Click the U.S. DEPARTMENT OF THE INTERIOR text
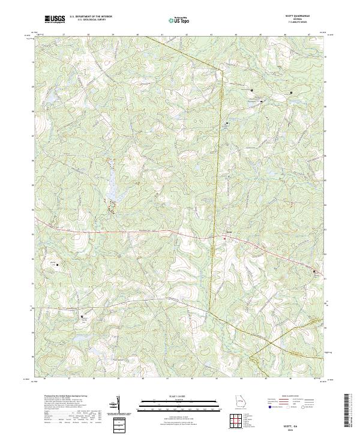coord(91,16)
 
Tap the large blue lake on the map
coord(112,191)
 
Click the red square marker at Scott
coord(225,239)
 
